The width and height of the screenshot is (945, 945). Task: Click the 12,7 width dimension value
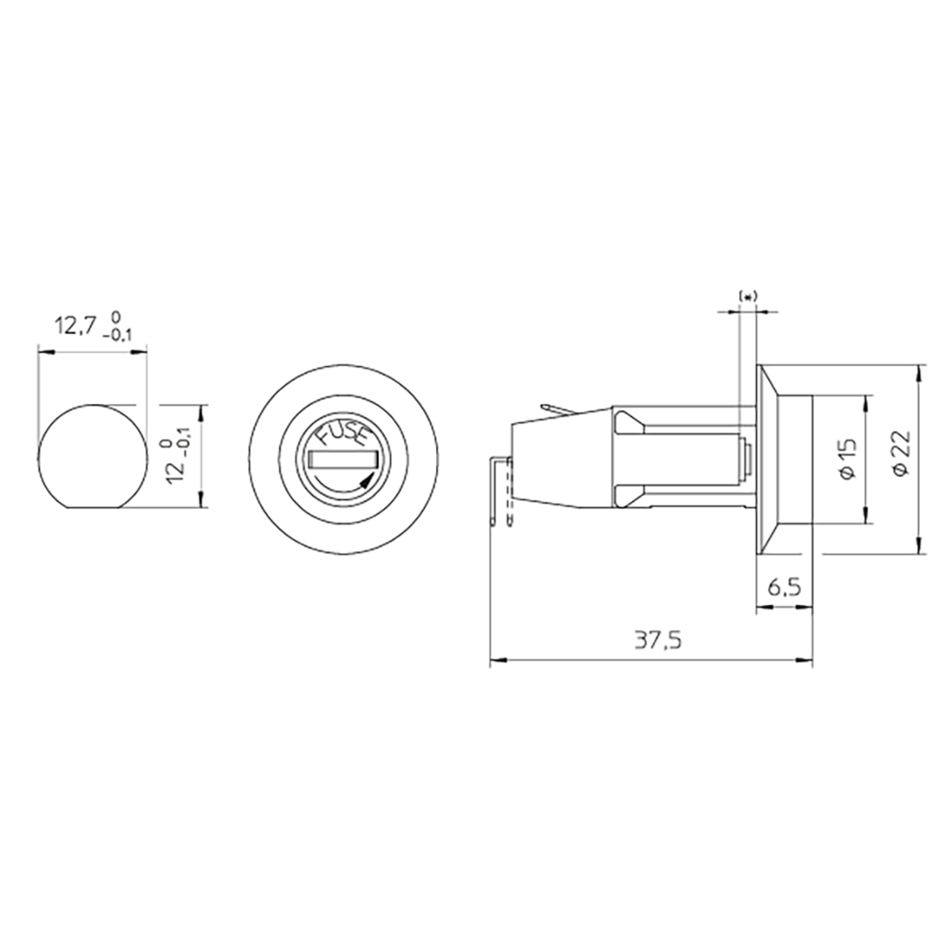[74, 326]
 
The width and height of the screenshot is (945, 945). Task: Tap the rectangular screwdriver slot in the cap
[343, 459]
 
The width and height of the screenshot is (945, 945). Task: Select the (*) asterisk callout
[747, 296]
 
